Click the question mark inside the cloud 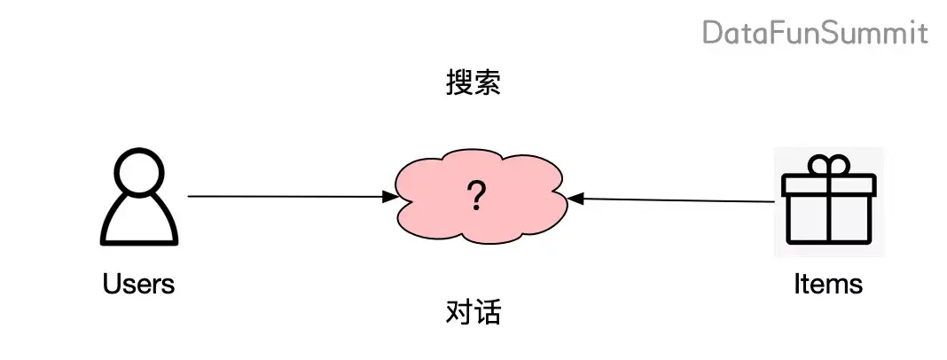476,195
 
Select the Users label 138,284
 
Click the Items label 828,284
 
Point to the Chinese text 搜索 473,83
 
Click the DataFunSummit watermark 815,34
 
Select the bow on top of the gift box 828,164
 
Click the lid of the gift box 828,184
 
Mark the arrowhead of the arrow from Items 575,199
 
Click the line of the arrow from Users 284,196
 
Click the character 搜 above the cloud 458,83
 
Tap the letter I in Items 797,284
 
